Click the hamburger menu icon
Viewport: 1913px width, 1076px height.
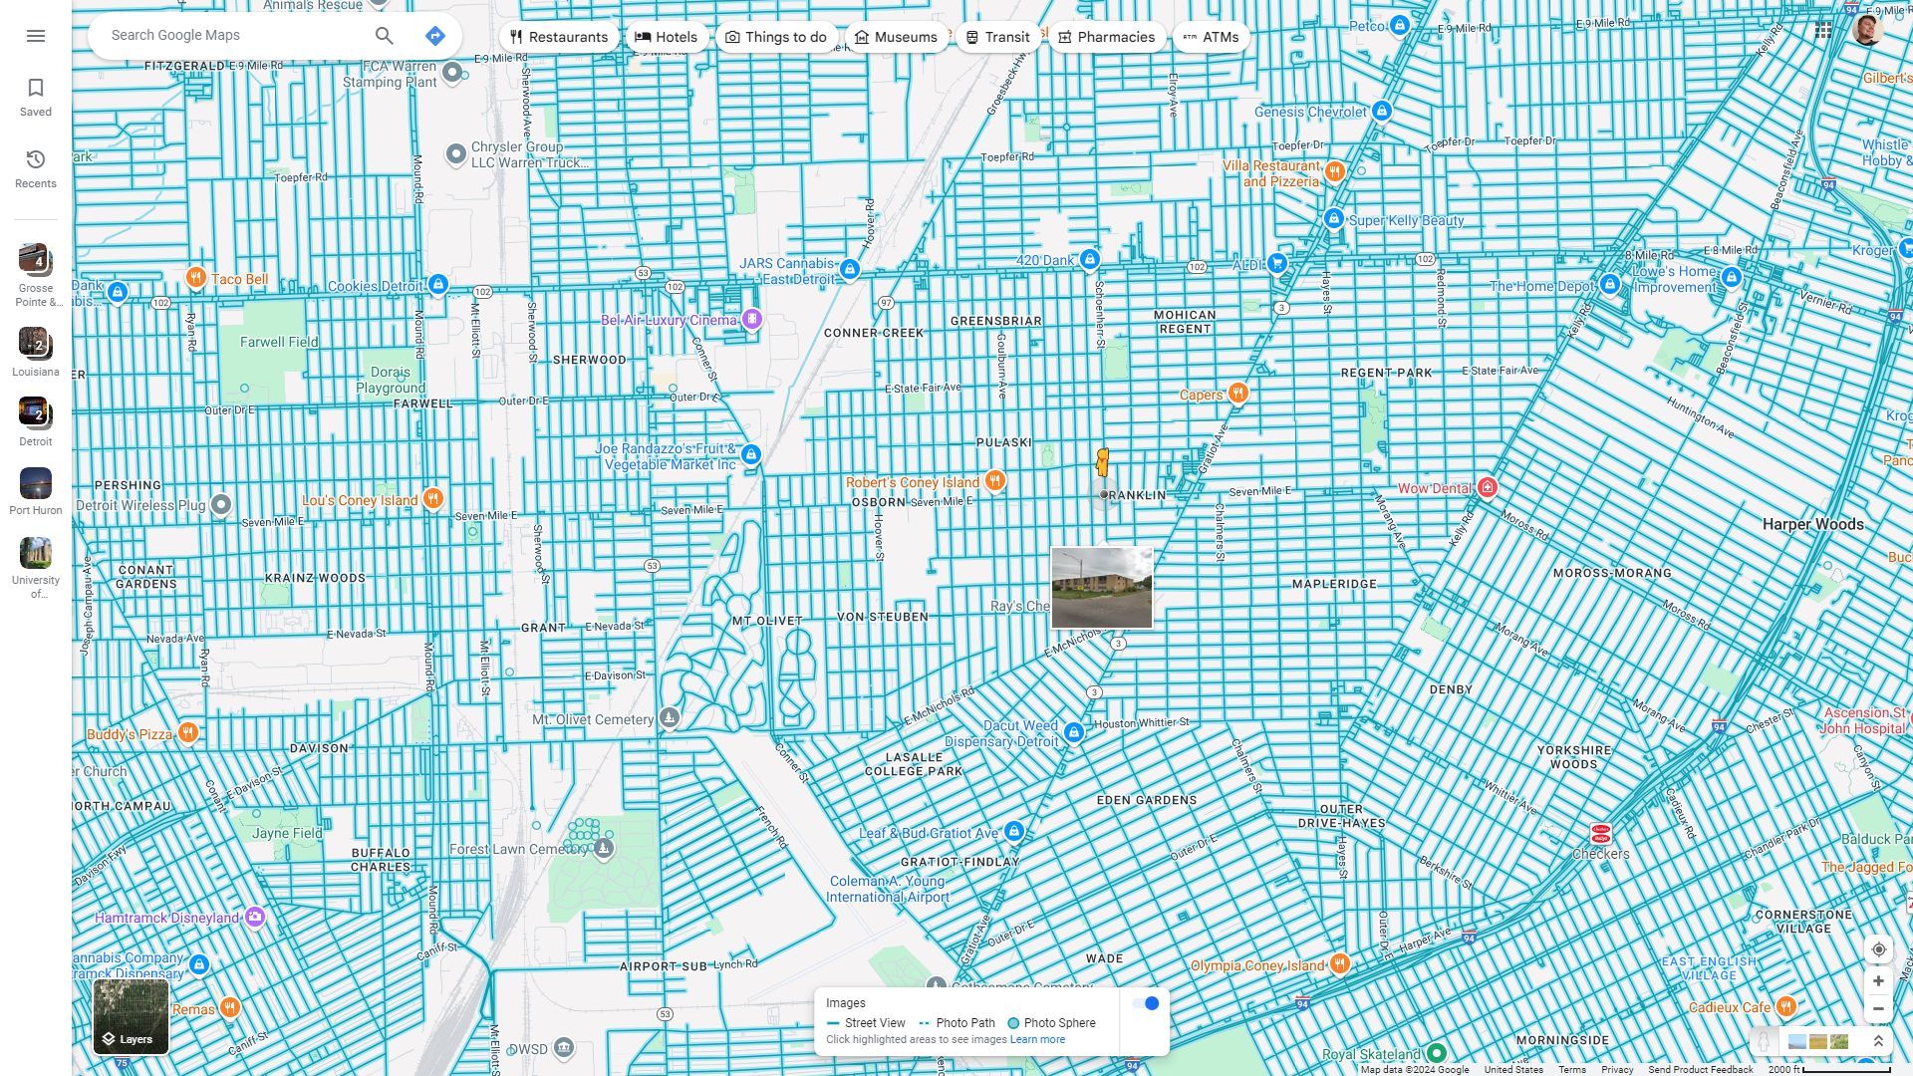point(36,36)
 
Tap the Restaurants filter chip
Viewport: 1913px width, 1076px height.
point(558,37)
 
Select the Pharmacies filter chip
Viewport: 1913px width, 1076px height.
point(1106,37)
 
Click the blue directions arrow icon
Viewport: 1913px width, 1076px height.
point(434,36)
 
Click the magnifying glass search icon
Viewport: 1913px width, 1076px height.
point(384,36)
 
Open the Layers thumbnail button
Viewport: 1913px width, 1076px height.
point(131,1016)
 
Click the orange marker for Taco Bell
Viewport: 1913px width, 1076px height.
point(196,278)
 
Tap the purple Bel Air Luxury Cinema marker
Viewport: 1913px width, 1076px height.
point(752,320)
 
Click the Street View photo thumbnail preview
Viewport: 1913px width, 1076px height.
point(1101,588)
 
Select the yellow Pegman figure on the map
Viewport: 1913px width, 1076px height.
point(1102,462)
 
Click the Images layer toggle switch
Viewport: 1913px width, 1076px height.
point(1146,1003)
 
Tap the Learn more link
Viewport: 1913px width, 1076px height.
point(1037,1039)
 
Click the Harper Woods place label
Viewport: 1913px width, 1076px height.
point(1812,524)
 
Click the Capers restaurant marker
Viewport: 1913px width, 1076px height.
point(1237,393)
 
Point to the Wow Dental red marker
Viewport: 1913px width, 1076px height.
point(1488,487)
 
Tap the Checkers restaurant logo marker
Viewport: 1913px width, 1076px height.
point(1600,833)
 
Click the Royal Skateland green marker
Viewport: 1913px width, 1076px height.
point(1436,1053)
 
